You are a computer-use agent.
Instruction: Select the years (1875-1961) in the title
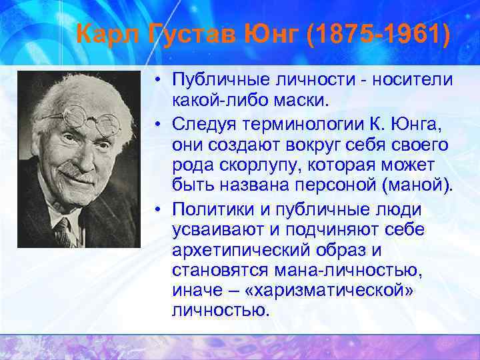379,33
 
